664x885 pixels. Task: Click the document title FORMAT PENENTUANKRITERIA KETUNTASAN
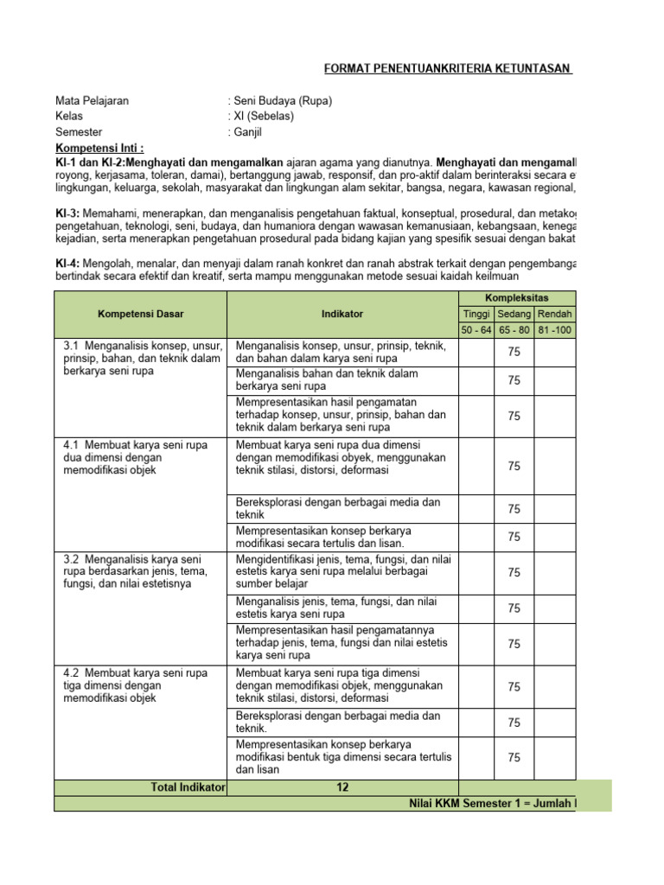coord(448,68)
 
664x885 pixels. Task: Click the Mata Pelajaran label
coord(93,101)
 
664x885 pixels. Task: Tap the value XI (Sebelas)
coord(263,117)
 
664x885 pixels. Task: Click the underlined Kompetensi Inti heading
coord(99,148)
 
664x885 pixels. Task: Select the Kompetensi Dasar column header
coord(140,314)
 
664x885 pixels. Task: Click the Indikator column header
coord(342,314)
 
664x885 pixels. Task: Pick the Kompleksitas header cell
coord(541,297)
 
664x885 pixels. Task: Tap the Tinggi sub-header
coord(476,314)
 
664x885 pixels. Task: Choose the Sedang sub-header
coord(514,314)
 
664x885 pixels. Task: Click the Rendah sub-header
coord(554,314)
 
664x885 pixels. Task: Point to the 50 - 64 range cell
coord(476,330)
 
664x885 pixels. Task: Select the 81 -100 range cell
coord(554,330)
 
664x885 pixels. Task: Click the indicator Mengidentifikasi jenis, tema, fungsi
coord(342,572)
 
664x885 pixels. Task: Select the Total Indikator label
coord(188,787)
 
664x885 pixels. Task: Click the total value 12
coord(342,787)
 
